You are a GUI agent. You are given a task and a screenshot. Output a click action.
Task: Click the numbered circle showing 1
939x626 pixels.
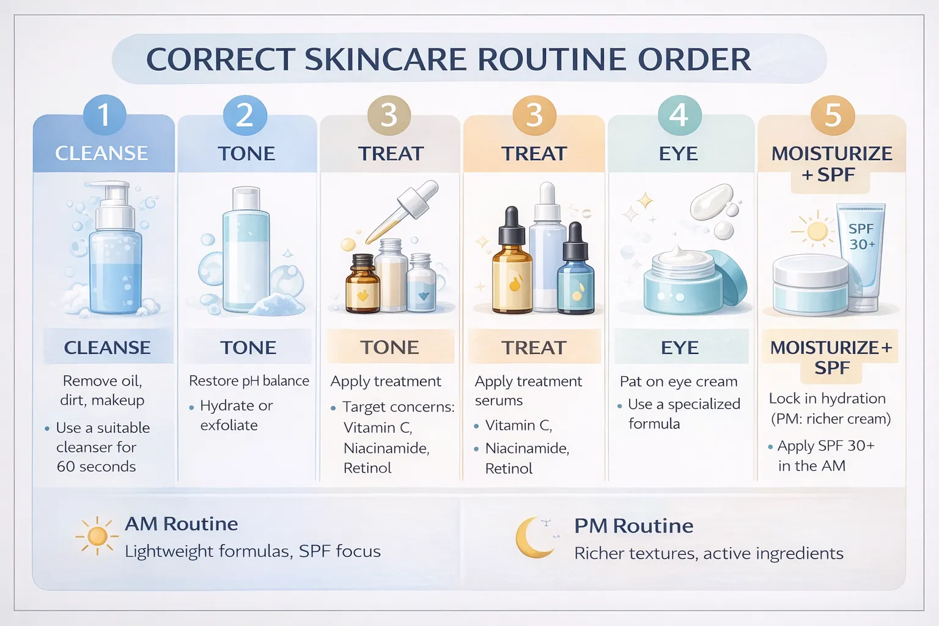coord(105,115)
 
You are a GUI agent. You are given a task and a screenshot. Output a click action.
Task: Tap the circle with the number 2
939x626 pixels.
coord(245,115)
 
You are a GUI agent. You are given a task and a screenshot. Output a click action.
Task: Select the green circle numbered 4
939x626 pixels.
coord(679,115)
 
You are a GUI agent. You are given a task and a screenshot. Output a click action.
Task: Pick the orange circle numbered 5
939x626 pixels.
coord(833,115)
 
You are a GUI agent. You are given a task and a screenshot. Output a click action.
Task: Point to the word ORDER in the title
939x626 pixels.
coord(694,59)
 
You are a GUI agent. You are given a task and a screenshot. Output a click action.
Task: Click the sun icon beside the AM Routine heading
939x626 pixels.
coord(97,536)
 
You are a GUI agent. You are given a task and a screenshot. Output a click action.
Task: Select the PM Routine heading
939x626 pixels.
coord(633,526)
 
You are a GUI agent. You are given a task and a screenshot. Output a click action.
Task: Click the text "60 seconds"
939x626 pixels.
coord(96,466)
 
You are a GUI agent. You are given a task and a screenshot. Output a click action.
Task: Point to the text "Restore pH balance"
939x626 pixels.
coord(249,381)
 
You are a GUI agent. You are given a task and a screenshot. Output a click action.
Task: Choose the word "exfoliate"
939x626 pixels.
coord(229,425)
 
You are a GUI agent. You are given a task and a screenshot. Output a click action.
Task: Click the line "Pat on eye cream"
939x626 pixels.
coord(679,381)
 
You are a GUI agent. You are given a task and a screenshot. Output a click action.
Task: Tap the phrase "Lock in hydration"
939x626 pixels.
coord(827,399)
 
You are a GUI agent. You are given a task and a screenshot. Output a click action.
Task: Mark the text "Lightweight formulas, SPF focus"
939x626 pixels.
coord(252,551)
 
